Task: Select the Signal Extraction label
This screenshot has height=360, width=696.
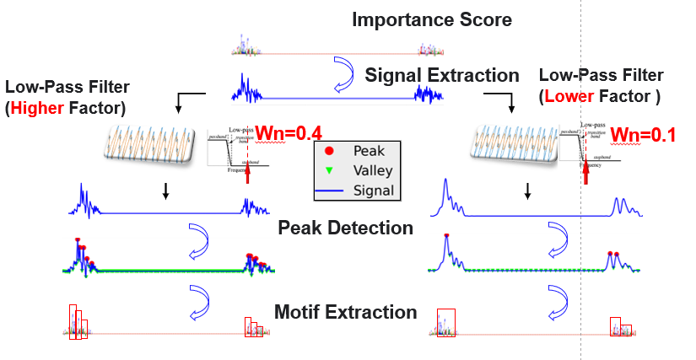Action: pyautogui.click(x=442, y=75)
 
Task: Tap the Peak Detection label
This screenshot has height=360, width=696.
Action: pyautogui.click(x=345, y=228)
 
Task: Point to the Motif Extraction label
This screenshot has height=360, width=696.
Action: pyautogui.click(x=345, y=313)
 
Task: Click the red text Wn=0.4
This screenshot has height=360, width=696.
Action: pyautogui.click(x=289, y=132)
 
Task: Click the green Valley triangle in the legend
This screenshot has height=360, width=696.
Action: pyautogui.click(x=330, y=171)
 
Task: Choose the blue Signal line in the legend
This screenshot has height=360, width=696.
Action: pyautogui.click(x=330, y=191)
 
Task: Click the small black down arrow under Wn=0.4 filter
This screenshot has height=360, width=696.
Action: pyautogui.click(x=166, y=193)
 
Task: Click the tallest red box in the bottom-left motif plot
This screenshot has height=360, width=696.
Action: pyautogui.click(x=73, y=318)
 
